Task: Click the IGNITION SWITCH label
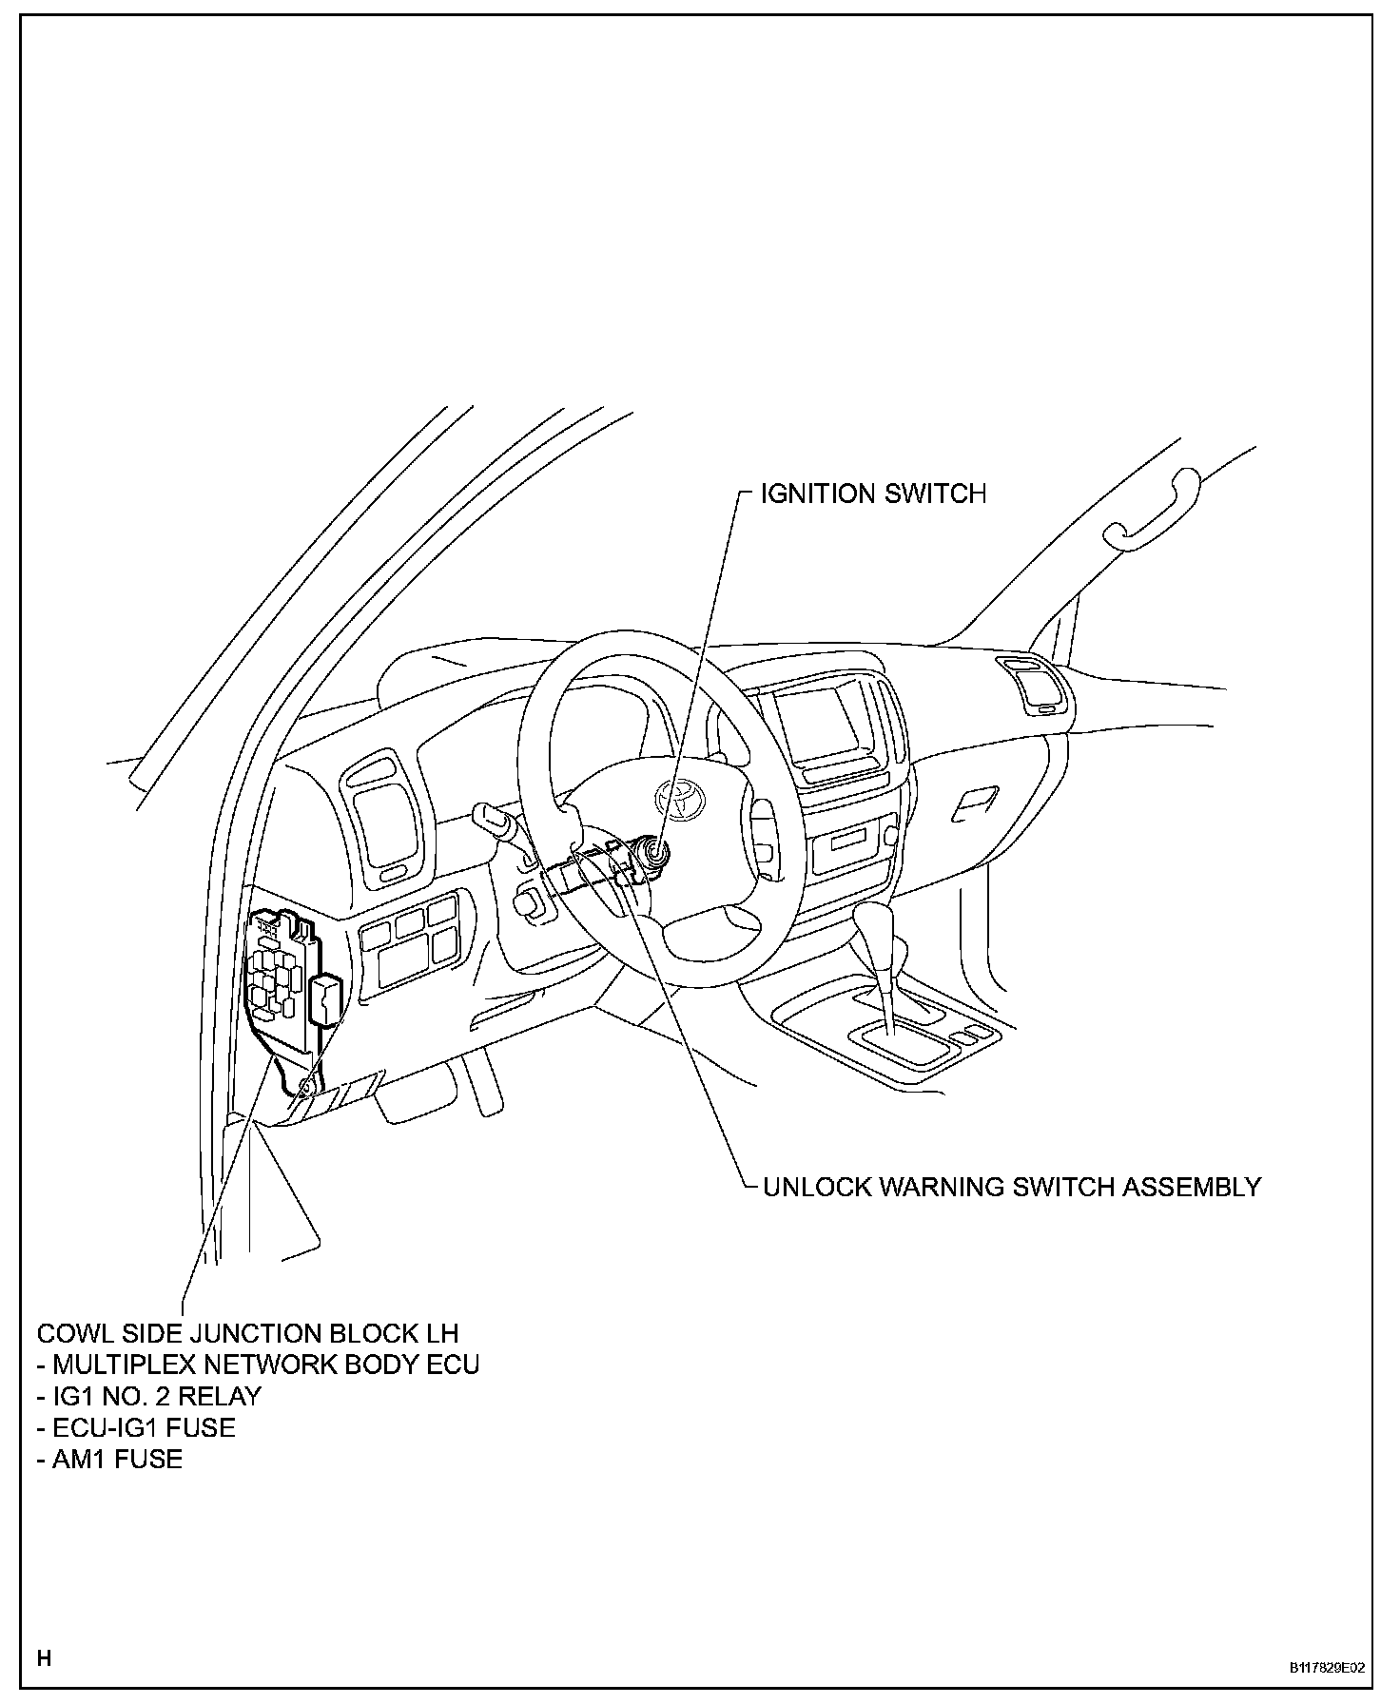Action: pyautogui.click(x=873, y=494)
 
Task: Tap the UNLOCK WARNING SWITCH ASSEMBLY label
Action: pyautogui.click(x=1012, y=1187)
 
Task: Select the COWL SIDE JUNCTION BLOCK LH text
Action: pyautogui.click(x=247, y=1333)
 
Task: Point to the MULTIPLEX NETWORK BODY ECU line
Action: pyautogui.click(x=258, y=1365)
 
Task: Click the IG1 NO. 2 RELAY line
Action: pyautogui.click(x=148, y=1396)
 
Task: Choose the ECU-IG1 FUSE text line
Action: pyautogui.click(x=136, y=1427)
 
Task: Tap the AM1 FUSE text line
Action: pyautogui.click(x=109, y=1459)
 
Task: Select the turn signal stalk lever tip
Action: pyautogui.click(x=485, y=814)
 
